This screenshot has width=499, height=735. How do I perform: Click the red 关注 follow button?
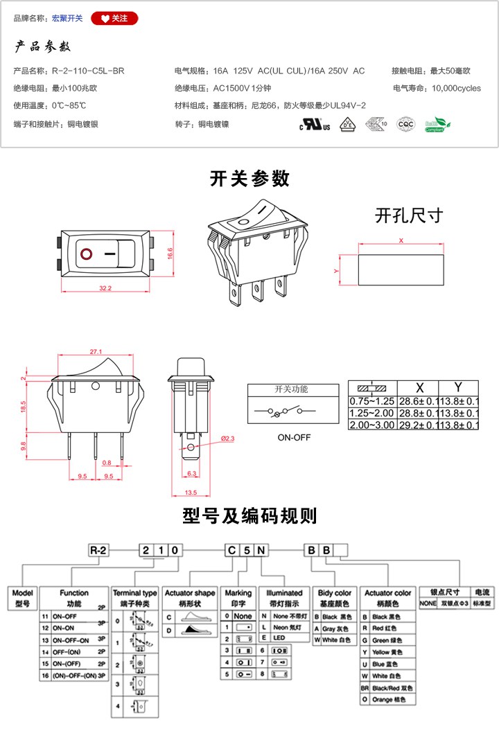pos(114,19)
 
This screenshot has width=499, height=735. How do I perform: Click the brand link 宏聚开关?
pos(67,19)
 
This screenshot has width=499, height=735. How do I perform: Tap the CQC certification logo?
pos(405,125)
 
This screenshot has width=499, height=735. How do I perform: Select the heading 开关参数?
pos(249,179)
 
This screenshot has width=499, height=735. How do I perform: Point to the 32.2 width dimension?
pos(105,287)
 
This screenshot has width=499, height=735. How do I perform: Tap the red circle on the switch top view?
pos(87,254)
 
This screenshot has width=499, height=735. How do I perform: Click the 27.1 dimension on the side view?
pos(96,351)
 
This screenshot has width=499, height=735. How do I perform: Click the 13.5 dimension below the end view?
pos(191,493)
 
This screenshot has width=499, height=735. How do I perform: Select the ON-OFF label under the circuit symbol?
pos(294,438)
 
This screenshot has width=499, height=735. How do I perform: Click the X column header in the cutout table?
pos(419,387)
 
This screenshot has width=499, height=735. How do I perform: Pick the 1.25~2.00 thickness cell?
pos(371,413)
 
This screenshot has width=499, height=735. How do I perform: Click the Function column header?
pos(74,593)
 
